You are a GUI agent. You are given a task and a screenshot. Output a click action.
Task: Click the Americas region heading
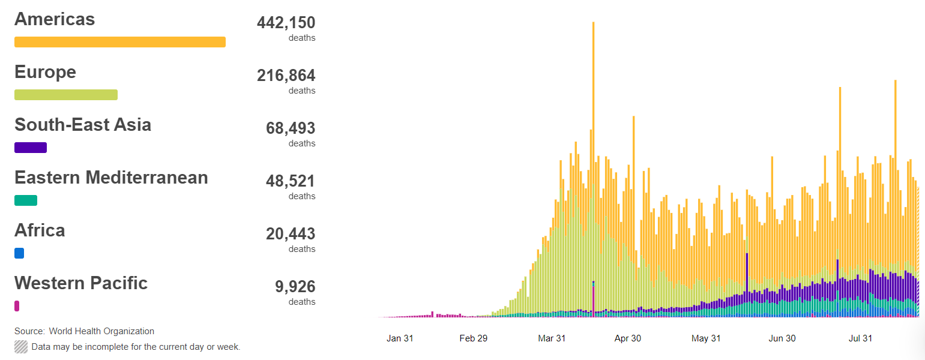[x=55, y=19]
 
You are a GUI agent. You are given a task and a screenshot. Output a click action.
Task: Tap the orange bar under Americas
[x=120, y=42]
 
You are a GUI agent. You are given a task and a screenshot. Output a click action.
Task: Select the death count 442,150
[x=286, y=23]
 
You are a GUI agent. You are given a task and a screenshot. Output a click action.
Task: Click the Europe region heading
[x=45, y=72]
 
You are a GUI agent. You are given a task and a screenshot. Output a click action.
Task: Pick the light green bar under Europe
[x=66, y=95]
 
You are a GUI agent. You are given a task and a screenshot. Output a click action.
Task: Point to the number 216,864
[x=286, y=76]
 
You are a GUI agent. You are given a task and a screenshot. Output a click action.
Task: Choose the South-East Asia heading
[x=83, y=125]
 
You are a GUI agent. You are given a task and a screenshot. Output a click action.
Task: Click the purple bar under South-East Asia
[x=31, y=148]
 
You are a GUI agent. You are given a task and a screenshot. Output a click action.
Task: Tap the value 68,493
[x=291, y=128]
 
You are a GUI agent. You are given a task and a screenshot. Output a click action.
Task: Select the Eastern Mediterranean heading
[x=111, y=178]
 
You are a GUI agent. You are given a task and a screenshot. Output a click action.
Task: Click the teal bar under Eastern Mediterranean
[x=26, y=200]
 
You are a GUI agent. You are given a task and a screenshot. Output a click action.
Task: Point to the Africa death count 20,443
[x=291, y=234]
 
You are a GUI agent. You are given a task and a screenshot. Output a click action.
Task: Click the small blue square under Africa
[x=19, y=253]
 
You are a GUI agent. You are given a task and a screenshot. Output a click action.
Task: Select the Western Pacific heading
[x=81, y=283]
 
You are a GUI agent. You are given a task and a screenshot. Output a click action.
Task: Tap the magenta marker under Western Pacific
[x=17, y=306]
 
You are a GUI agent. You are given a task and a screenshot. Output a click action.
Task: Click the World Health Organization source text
[x=101, y=331]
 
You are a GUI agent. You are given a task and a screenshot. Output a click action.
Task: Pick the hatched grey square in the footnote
[x=21, y=347]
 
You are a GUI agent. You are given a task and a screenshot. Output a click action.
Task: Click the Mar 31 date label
[x=552, y=338]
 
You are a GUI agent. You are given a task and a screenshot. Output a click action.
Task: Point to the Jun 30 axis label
[x=782, y=338]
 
